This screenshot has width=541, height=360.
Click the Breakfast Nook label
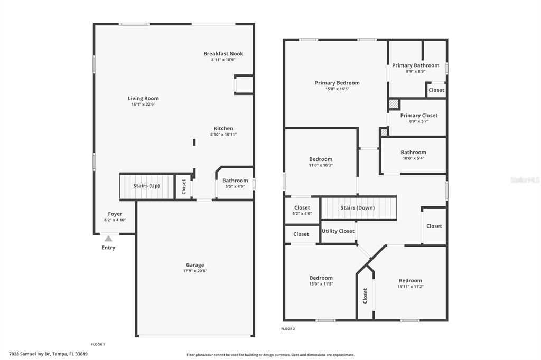pyautogui.click(x=223, y=54)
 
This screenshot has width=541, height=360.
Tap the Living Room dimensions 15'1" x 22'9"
pyautogui.click(x=143, y=105)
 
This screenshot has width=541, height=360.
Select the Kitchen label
pyautogui.click(x=223, y=129)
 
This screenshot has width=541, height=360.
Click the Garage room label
pyautogui.click(x=195, y=265)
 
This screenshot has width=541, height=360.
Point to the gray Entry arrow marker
pyautogui.click(x=108, y=239)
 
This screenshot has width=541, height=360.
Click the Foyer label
pyautogui.click(x=115, y=214)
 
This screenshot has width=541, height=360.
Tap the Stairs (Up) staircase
pyautogui.click(x=147, y=186)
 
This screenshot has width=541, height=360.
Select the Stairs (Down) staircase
pyautogui.click(x=358, y=208)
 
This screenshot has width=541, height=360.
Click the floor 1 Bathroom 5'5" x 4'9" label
pyautogui.click(x=235, y=181)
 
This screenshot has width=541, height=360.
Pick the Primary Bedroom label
pyautogui.click(x=337, y=83)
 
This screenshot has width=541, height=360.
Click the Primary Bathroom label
pyautogui.click(x=415, y=65)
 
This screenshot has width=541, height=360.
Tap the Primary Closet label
pyautogui.click(x=419, y=116)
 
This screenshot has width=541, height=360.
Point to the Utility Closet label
pyautogui.click(x=338, y=231)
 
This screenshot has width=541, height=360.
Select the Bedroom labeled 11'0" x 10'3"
pyautogui.click(x=321, y=159)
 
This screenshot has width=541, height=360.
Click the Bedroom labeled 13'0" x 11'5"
pyautogui.click(x=321, y=278)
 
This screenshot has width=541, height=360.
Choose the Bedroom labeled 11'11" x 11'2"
pyautogui.click(x=411, y=281)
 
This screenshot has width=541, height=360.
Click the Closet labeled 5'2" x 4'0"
pyautogui.click(x=302, y=208)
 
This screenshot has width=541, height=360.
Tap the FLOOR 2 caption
pyautogui.click(x=288, y=329)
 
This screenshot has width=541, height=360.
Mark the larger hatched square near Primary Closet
pyautogui.click(x=394, y=104)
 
